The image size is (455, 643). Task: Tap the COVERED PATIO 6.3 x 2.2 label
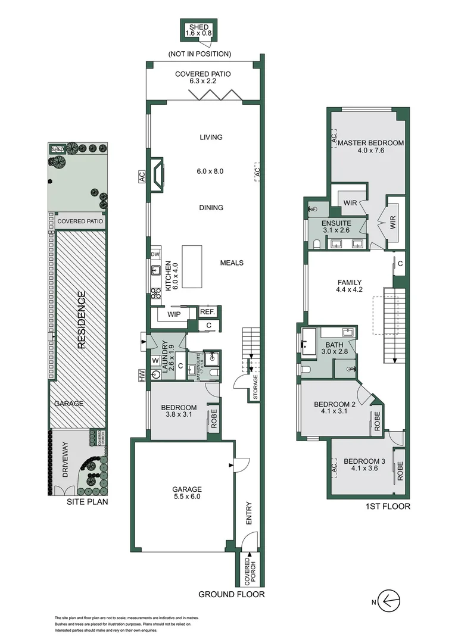click(x=202, y=78)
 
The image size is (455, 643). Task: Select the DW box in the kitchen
click(x=155, y=254)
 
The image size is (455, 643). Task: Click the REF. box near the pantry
click(x=207, y=311)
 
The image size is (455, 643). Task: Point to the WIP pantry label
click(x=174, y=313)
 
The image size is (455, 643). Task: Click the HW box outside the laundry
click(x=142, y=376)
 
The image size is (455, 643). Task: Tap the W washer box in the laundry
click(x=155, y=360)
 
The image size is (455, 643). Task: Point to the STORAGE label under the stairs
click(x=255, y=386)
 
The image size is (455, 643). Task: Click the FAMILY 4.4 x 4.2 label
click(x=350, y=287)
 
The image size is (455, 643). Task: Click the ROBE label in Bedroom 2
click(x=376, y=421)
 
